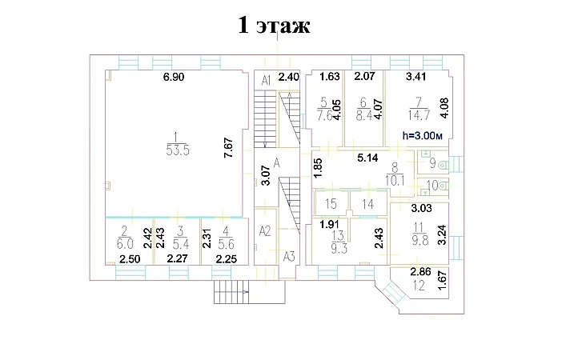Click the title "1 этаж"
(x=274, y=26)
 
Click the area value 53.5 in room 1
(x=178, y=150)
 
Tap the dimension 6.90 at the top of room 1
(x=174, y=77)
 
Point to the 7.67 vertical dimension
(x=228, y=148)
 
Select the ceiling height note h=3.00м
(x=423, y=136)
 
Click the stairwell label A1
(x=266, y=80)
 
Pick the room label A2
(x=265, y=231)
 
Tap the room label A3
(x=289, y=257)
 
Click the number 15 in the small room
(x=331, y=204)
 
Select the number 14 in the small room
(x=367, y=204)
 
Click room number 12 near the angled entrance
(x=419, y=286)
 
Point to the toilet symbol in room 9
(x=443, y=166)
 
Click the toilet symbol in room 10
(x=444, y=186)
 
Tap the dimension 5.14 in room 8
(x=367, y=158)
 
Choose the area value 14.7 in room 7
(x=419, y=115)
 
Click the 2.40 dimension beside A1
(x=289, y=77)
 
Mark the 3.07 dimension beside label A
(x=266, y=175)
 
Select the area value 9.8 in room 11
(x=419, y=240)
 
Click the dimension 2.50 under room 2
(x=130, y=259)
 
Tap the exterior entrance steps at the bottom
(x=231, y=292)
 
